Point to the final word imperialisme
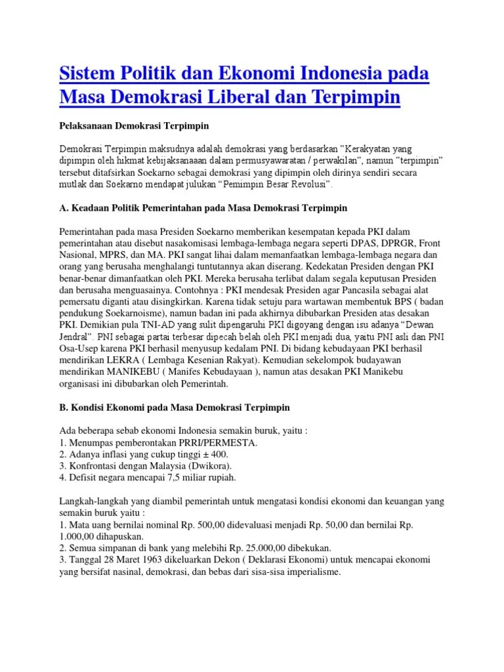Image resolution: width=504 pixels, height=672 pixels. point(308,573)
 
